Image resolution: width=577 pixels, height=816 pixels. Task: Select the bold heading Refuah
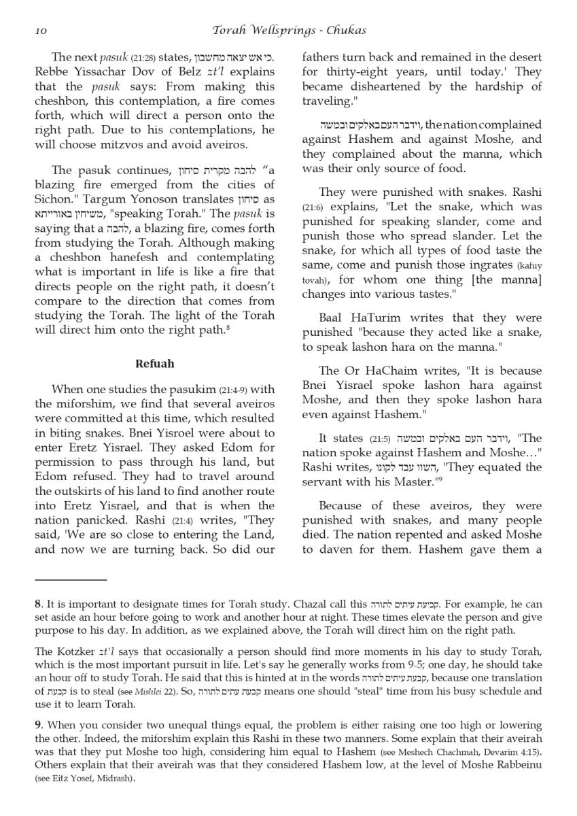[154, 364]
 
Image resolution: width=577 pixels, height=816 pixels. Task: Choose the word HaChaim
[391, 371]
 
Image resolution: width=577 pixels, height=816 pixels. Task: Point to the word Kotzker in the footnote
[75, 651]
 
